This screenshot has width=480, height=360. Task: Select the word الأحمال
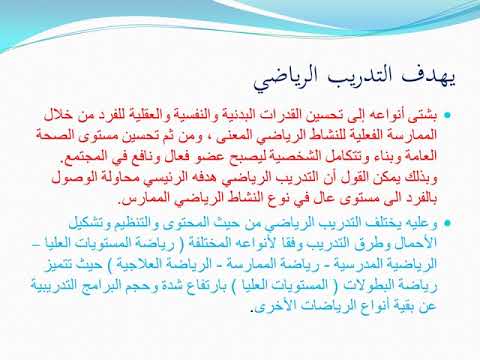tap(411, 243)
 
